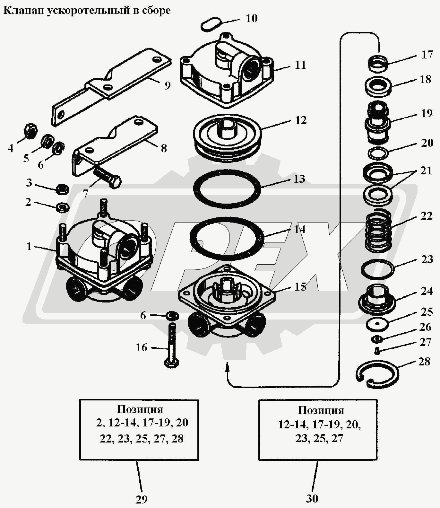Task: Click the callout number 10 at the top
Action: tap(252, 18)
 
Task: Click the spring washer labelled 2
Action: tap(63, 207)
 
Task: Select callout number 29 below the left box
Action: tap(142, 499)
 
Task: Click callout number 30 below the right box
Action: tap(312, 498)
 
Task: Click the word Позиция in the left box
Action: tap(140, 409)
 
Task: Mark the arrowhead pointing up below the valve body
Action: tap(228, 366)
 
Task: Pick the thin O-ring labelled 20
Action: tap(378, 153)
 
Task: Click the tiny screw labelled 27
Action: tap(377, 351)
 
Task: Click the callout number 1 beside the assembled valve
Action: tap(29, 246)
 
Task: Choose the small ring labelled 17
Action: tap(378, 63)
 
